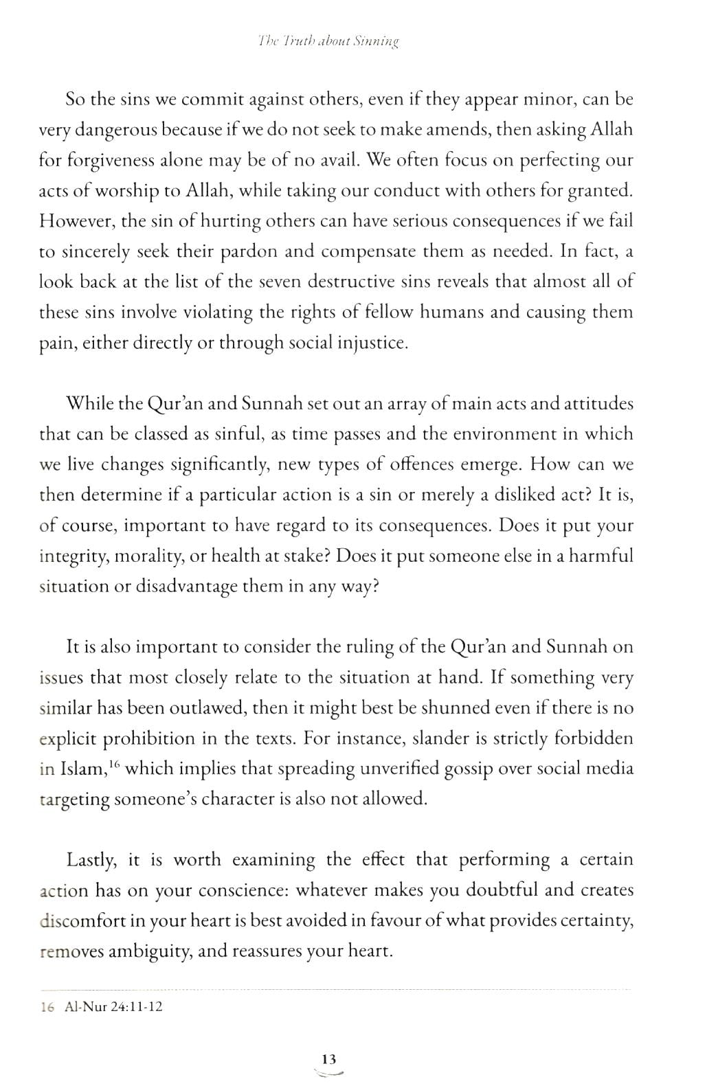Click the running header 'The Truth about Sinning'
pyautogui.click(x=328, y=41)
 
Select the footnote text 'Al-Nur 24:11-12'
pyautogui.click(x=113, y=1008)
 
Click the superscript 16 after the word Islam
pyautogui.click(x=113, y=765)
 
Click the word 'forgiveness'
pyautogui.click(x=114, y=160)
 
